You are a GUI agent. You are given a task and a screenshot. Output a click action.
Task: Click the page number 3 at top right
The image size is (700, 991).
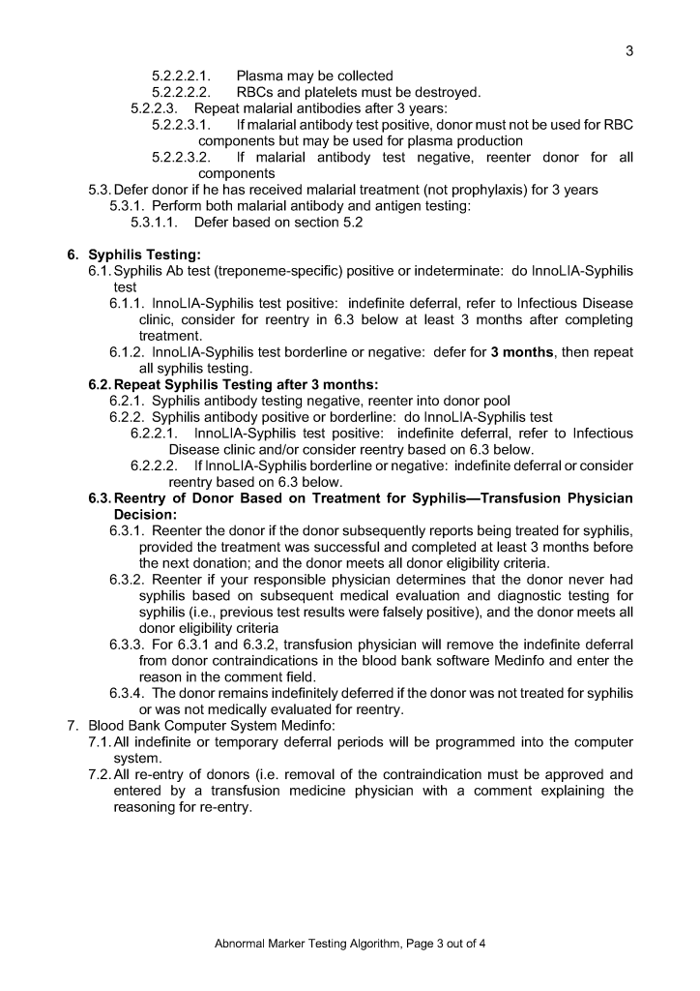629,51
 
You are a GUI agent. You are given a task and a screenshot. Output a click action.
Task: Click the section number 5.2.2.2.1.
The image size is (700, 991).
182,75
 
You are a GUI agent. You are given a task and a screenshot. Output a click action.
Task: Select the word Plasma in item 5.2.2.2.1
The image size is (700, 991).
260,75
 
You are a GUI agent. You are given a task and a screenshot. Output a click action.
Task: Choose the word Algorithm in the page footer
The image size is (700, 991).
366,944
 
